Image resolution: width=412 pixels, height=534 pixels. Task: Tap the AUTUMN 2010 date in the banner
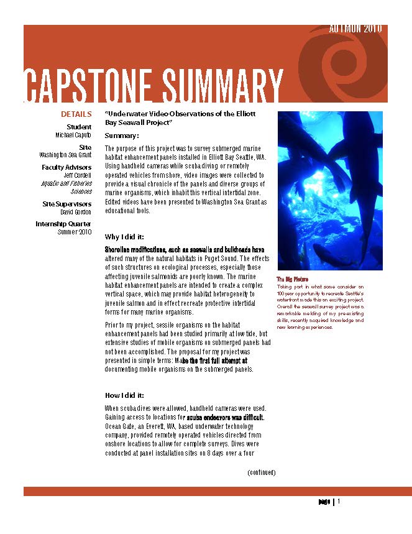point(355,29)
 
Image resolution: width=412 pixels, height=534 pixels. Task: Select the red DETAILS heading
point(76,114)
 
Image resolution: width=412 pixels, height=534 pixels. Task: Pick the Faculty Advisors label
point(66,167)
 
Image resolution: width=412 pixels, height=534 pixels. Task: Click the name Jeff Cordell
point(78,175)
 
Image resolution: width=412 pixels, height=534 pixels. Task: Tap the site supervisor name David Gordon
point(77,213)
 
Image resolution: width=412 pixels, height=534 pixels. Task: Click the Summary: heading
point(122,136)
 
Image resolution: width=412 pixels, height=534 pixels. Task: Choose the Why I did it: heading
point(124,237)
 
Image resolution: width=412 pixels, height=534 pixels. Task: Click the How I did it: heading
point(124,395)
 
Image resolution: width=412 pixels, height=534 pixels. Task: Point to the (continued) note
point(261,472)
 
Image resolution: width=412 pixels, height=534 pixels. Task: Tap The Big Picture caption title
point(293,280)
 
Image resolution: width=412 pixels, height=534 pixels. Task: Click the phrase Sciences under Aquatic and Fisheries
point(81,191)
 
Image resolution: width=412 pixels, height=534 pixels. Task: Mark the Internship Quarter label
point(63,224)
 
